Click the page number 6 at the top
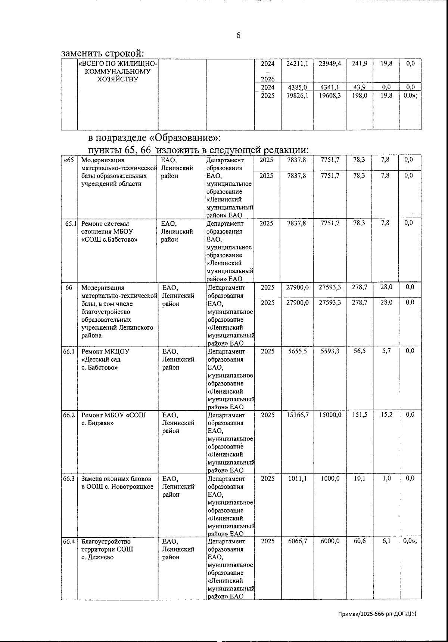point(238,36)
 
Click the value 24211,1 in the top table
point(297,64)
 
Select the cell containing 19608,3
point(330,96)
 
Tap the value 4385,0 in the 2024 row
point(297,87)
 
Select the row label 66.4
point(69,541)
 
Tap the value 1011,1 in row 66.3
point(297,478)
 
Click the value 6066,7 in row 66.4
point(297,541)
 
